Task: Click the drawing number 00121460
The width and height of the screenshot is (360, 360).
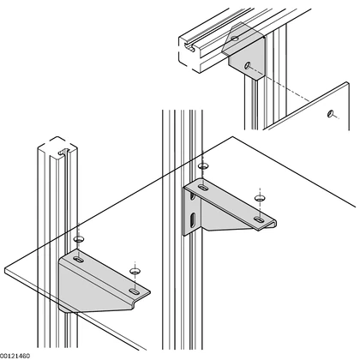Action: coord(15,356)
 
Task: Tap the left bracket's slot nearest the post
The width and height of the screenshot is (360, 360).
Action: coord(78,260)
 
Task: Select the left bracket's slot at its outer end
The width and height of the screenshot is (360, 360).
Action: coord(134,291)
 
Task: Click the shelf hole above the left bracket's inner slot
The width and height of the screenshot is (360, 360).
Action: coord(78,239)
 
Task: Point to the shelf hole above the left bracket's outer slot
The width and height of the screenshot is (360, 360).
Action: coord(134,271)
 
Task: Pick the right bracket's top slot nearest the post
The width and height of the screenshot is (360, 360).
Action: coord(203,188)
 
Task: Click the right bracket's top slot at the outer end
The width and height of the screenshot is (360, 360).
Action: coord(259,219)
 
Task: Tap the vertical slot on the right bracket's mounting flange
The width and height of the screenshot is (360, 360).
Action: coord(194,219)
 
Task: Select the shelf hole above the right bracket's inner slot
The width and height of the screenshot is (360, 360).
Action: coord(203,165)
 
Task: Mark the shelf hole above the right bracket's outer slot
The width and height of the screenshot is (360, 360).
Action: coord(259,198)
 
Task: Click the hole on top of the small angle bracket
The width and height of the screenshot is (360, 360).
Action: coord(235,39)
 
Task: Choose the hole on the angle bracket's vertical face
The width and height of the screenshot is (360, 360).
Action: coord(248,65)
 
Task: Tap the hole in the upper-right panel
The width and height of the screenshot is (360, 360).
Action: coord(330,114)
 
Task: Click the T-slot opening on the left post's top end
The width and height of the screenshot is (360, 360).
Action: coord(64,153)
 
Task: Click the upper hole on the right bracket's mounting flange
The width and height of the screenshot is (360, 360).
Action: coord(193,196)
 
